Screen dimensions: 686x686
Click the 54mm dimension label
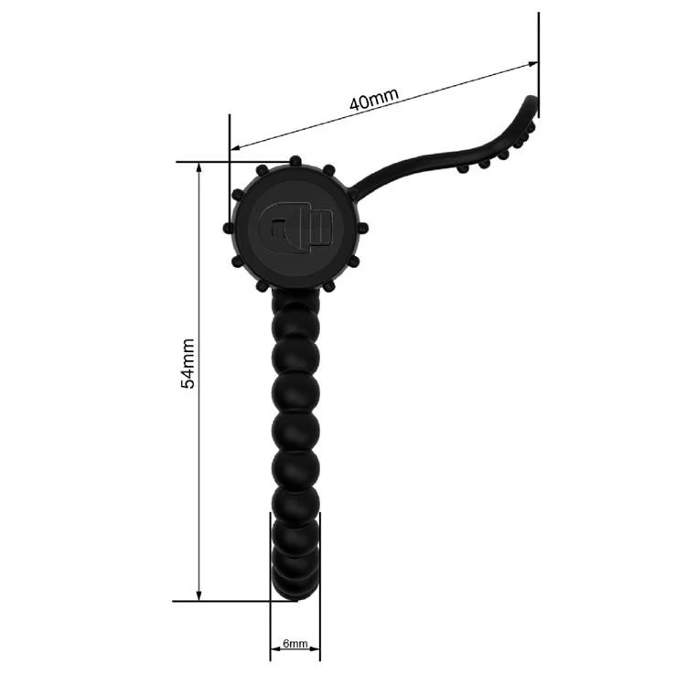[188, 364]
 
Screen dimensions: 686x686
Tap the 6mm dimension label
[295, 645]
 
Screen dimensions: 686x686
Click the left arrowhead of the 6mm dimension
[273, 654]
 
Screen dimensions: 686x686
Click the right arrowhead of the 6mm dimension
[316, 654]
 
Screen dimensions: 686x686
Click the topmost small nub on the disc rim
[295, 161]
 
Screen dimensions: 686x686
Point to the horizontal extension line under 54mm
[233, 601]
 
